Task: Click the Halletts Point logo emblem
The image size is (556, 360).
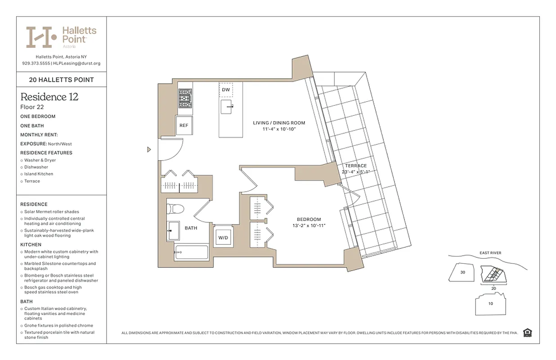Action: pyautogui.click(x=41, y=37)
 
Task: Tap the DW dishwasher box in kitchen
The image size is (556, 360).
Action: pyautogui.click(x=226, y=90)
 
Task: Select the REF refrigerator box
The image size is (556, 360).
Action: pyautogui.click(x=184, y=126)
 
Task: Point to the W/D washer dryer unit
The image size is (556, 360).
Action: pyautogui.click(x=223, y=237)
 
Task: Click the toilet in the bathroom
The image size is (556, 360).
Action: pyautogui.click(x=175, y=209)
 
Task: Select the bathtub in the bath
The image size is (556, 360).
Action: pyautogui.click(x=191, y=252)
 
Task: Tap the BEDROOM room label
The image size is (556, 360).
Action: pyautogui.click(x=309, y=220)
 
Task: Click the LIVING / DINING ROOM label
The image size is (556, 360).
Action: pyautogui.click(x=279, y=123)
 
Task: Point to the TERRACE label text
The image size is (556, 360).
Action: pyautogui.click(x=356, y=166)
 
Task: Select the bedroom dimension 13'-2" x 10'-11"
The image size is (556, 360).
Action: pyautogui.click(x=309, y=226)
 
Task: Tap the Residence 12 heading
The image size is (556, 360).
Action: pyautogui.click(x=49, y=97)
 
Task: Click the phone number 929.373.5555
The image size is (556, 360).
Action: pyautogui.click(x=36, y=63)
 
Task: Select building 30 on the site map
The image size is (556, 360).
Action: pyautogui.click(x=462, y=272)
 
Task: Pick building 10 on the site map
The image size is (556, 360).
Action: pyautogui.click(x=490, y=303)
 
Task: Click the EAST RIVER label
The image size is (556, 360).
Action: pyautogui.click(x=490, y=253)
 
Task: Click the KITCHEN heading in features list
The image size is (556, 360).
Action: pyautogui.click(x=31, y=245)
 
